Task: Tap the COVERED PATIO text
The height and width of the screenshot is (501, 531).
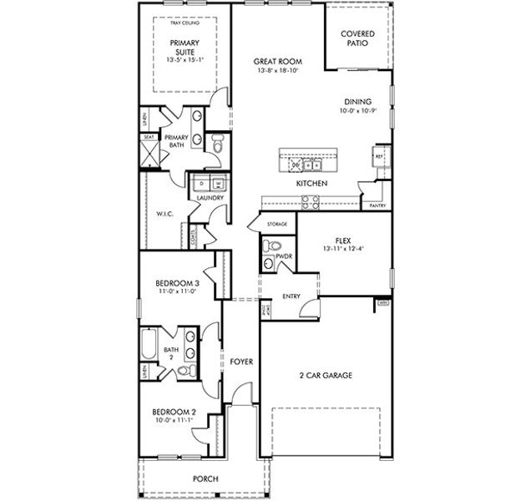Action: (357, 39)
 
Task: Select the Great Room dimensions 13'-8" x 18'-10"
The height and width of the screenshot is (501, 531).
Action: (277, 72)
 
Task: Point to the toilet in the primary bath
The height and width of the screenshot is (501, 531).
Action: (217, 145)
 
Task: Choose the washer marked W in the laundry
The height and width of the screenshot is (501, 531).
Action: (218, 183)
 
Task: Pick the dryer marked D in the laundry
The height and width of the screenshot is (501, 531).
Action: (203, 183)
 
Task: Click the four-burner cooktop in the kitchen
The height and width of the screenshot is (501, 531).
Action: (310, 200)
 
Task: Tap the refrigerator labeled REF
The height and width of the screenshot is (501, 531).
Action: (378, 156)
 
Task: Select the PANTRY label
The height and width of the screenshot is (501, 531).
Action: (377, 204)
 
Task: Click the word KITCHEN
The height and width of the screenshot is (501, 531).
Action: (311, 183)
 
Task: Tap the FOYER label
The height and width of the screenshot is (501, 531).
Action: (241, 362)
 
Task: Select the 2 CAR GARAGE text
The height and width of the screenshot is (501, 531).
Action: (325, 376)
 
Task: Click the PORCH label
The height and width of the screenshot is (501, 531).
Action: (205, 478)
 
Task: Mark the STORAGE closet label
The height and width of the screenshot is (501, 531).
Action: (277, 225)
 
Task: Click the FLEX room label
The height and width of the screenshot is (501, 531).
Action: (343, 239)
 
